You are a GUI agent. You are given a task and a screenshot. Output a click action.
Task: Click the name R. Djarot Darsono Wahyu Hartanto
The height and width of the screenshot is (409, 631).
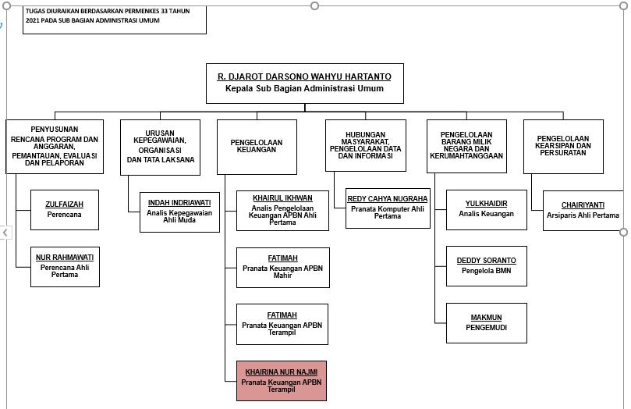tap(304, 76)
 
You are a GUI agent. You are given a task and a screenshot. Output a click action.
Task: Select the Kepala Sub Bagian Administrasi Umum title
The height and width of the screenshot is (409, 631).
tap(304, 89)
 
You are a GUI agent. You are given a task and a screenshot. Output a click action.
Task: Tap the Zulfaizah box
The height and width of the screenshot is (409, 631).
tap(64, 209)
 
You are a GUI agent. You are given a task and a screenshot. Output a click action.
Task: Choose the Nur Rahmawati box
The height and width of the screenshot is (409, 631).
tap(64, 266)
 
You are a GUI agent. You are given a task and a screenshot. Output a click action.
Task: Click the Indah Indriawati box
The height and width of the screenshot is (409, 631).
tap(179, 212)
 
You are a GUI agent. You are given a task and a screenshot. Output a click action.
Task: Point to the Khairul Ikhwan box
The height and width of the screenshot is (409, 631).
tap(283, 210)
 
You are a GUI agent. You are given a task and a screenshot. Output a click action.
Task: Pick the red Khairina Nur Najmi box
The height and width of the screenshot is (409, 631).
tap(282, 381)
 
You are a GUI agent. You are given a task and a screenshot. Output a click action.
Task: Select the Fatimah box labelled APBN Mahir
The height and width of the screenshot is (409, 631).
tap(283, 266)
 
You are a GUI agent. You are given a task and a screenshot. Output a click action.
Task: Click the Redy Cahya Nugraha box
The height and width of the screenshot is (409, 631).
tap(388, 207)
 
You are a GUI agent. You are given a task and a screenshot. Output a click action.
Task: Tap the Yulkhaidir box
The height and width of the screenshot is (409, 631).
tap(486, 209)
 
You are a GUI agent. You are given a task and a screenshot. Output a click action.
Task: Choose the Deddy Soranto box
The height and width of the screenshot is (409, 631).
tap(486, 265)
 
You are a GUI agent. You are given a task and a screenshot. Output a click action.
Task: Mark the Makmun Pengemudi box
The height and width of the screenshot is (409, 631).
tap(486, 323)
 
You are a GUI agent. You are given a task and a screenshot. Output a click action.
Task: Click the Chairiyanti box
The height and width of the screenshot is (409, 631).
tap(583, 211)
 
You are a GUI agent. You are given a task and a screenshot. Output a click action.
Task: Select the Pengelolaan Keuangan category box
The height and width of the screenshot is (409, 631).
tap(256, 146)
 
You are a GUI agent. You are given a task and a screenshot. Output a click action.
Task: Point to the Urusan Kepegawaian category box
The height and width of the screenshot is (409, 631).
tap(159, 146)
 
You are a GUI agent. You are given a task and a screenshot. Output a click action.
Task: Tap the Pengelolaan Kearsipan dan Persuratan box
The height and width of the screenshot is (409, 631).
tap(563, 146)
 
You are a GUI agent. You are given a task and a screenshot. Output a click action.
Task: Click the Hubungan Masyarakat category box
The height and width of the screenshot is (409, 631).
tap(365, 145)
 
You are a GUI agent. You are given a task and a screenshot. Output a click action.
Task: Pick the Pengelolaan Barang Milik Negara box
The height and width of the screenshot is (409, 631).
tap(466, 145)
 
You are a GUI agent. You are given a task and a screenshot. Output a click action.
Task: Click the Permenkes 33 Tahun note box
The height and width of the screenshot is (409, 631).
tap(115, 17)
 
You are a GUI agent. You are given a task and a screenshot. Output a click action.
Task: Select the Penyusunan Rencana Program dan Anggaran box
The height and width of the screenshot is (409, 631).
tap(54, 146)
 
